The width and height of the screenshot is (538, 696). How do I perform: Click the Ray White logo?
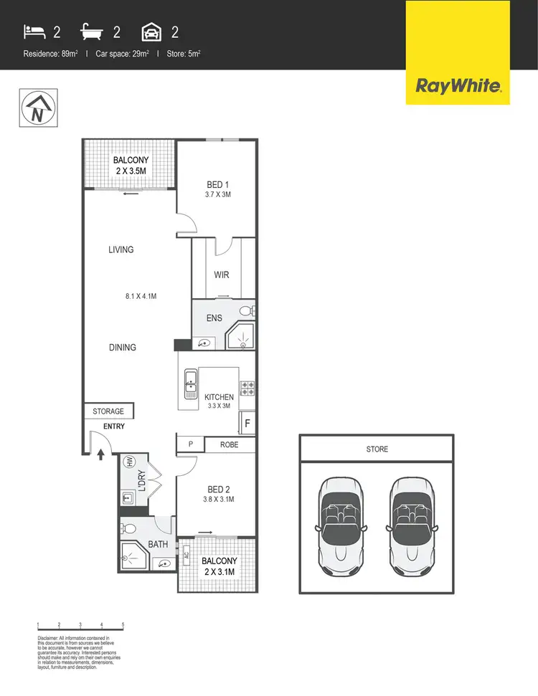[458, 87]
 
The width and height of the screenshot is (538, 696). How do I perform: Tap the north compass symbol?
[34, 108]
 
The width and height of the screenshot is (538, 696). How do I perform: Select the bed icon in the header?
[34, 32]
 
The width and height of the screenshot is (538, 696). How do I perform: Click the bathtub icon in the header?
[93, 32]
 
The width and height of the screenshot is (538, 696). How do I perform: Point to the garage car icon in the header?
[151, 32]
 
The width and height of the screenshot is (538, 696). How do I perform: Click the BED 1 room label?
[212, 185]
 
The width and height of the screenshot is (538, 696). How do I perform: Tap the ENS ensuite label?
[214, 318]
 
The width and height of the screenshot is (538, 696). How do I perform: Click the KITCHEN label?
[220, 397]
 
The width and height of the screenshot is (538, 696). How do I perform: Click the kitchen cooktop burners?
[248, 388]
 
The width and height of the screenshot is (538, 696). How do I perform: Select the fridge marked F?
[247, 423]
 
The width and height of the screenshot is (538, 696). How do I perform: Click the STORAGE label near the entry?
[108, 411]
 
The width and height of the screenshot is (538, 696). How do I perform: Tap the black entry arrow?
[100, 453]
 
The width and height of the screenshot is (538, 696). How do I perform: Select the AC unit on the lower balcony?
[186, 555]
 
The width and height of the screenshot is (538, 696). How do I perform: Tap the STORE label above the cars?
[377, 449]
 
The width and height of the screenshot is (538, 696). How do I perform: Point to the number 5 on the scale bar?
[123, 625]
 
